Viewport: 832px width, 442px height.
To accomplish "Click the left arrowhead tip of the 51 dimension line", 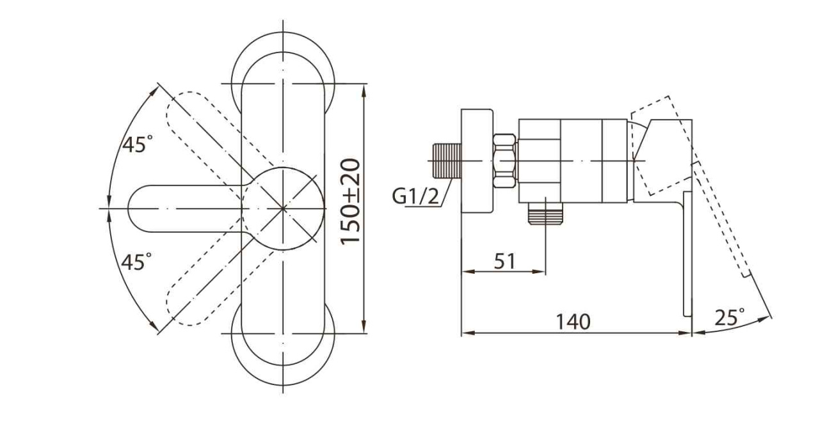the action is [x=461, y=272].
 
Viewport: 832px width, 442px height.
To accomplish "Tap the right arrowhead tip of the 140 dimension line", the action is [x=692, y=333].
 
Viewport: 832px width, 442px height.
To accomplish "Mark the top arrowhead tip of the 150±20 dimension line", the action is [x=364, y=84].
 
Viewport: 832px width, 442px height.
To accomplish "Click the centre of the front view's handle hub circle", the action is [x=283, y=209].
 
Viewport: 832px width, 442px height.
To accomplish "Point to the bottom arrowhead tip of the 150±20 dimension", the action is [x=364, y=333].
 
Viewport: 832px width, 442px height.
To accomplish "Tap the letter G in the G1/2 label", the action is [x=399, y=196].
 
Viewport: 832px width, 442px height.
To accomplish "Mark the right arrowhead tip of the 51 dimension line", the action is [x=545, y=272].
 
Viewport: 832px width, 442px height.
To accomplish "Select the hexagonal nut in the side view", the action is [x=504, y=161].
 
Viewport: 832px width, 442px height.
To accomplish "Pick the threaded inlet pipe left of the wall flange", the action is [x=447, y=161].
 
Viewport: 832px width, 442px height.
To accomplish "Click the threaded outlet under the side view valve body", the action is [x=545, y=214].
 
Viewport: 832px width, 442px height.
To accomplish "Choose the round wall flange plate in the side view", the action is [x=477, y=161].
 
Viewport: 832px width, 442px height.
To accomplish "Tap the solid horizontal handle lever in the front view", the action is [x=186, y=209].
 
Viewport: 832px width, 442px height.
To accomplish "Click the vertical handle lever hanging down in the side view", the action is [x=688, y=254].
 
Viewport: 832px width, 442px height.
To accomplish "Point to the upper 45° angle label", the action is [x=137, y=144].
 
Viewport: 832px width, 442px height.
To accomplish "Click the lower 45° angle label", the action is [x=136, y=262].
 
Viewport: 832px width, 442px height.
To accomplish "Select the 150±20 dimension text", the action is [x=351, y=202].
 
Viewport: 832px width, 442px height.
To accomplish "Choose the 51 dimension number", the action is [x=505, y=261].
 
